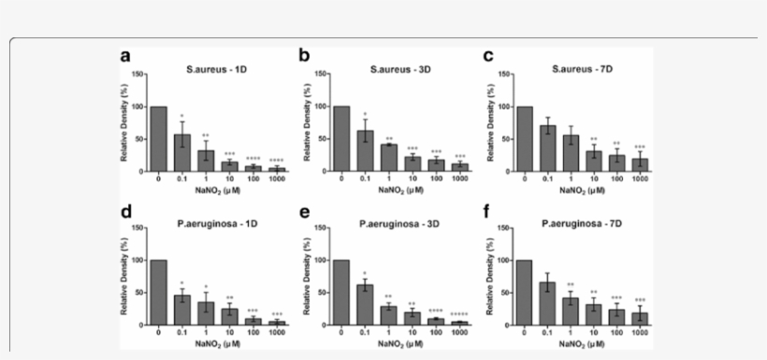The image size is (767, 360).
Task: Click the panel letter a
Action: [x=124, y=57]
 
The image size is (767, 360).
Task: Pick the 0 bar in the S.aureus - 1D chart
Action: [x=158, y=139]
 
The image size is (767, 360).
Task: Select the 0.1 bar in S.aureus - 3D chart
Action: [x=364, y=151]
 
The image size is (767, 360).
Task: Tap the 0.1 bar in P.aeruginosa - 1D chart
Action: [x=182, y=310]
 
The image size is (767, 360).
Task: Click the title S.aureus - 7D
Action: [x=572, y=67]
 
